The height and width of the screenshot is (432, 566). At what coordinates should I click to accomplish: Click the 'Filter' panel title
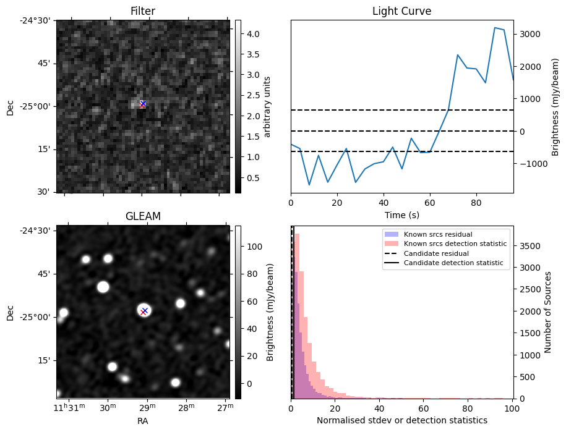pos(143,11)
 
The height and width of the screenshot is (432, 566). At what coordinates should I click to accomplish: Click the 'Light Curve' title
pos(401,11)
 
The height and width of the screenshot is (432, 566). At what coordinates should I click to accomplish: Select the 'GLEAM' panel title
pos(143,216)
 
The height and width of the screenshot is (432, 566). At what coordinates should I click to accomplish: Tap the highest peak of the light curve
pos(495,27)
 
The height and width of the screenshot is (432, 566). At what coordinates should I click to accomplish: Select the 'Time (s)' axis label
pos(401,214)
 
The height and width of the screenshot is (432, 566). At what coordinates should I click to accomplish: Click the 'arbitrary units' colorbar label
pos(267,106)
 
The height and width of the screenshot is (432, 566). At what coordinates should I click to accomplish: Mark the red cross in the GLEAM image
pos(144,312)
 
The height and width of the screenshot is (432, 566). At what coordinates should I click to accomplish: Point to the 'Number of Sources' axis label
pos(547,312)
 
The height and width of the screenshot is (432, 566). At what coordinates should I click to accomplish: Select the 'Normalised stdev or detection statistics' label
pos(401,420)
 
